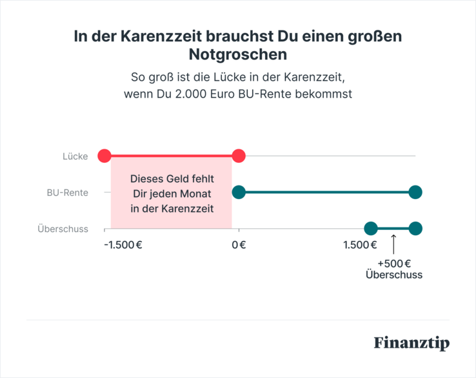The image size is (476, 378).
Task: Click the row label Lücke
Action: click(75, 156)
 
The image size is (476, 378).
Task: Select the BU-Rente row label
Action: click(67, 193)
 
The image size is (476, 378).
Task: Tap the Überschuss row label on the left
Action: click(63, 229)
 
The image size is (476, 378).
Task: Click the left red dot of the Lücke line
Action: click(104, 156)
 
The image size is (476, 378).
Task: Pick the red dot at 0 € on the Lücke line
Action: click(239, 156)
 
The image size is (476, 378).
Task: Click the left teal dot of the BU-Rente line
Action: click(239, 192)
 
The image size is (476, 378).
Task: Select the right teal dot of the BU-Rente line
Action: click(415, 192)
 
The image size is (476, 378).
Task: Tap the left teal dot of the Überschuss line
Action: click(370, 228)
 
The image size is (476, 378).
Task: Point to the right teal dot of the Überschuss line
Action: click(415, 228)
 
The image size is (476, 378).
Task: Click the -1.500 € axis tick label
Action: click(123, 245)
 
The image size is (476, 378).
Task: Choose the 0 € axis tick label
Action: click(239, 245)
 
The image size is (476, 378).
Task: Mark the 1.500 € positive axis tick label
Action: click(360, 245)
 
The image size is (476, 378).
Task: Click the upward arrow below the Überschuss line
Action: click(393, 244)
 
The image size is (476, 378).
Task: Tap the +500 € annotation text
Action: click(394, 263)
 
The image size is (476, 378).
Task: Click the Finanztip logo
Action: click(412, 342)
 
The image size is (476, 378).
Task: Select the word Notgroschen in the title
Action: click(238, 54)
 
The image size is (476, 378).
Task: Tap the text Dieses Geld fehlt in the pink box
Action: click(172, 178)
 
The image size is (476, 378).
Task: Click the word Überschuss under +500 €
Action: click(394, 275)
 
